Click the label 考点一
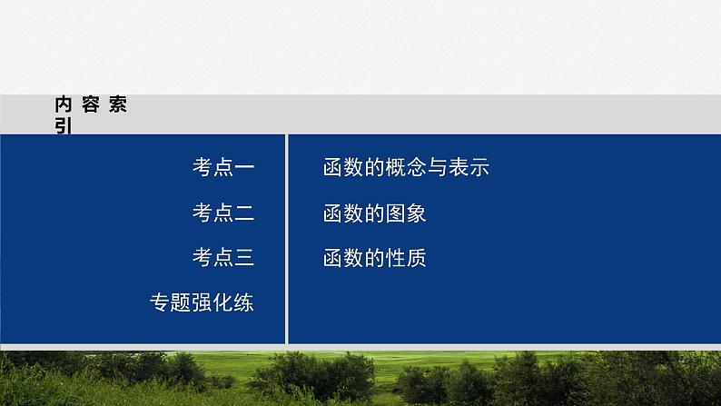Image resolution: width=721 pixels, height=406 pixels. coord(222,167)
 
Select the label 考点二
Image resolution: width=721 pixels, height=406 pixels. coord(222,213)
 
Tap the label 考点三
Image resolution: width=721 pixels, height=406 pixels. coord(222,258)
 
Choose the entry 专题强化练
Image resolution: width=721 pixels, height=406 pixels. coord(202,303)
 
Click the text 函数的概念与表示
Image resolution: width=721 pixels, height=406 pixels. coord(406,167)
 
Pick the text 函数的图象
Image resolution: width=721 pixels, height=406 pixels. coord(374,213)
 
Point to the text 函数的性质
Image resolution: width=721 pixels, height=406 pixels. coord(374,258)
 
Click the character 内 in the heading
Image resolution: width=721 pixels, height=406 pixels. coord(63,104)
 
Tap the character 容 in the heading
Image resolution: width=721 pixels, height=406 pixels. coord(90,104)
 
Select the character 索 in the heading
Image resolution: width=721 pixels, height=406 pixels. coord(117,104)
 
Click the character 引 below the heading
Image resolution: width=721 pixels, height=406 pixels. coord(63,126)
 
